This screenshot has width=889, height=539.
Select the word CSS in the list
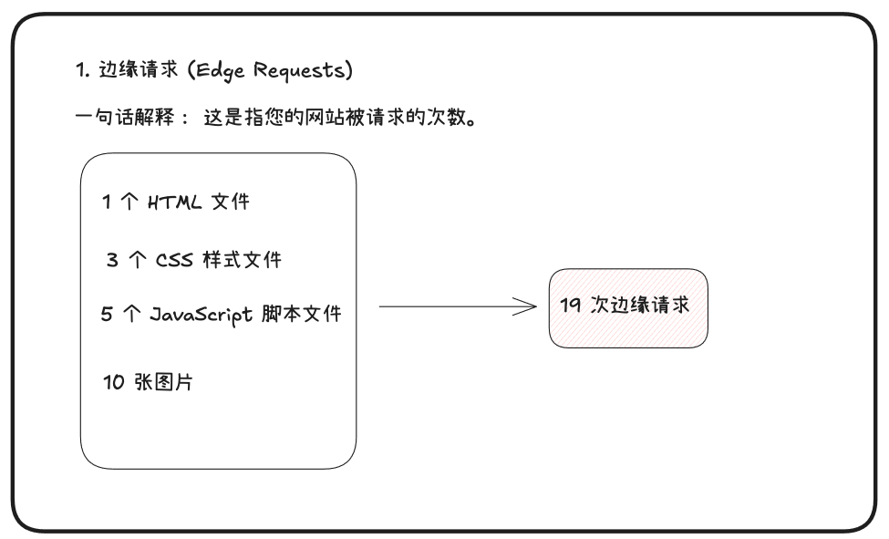(x=173, y=260)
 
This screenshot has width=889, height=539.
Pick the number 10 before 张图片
(x=114, y=383)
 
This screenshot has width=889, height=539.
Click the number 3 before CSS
(x=112, y=260)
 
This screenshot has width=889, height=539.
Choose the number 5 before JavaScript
(x=108, y=315)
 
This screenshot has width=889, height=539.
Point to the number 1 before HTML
(x=107, y=202)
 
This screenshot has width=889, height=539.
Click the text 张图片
(x=164, y=383)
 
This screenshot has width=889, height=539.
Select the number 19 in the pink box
(x=571, y=306)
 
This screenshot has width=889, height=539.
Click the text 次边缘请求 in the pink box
(x=640, y=306)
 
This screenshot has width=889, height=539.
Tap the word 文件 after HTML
(x=230, y=202)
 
